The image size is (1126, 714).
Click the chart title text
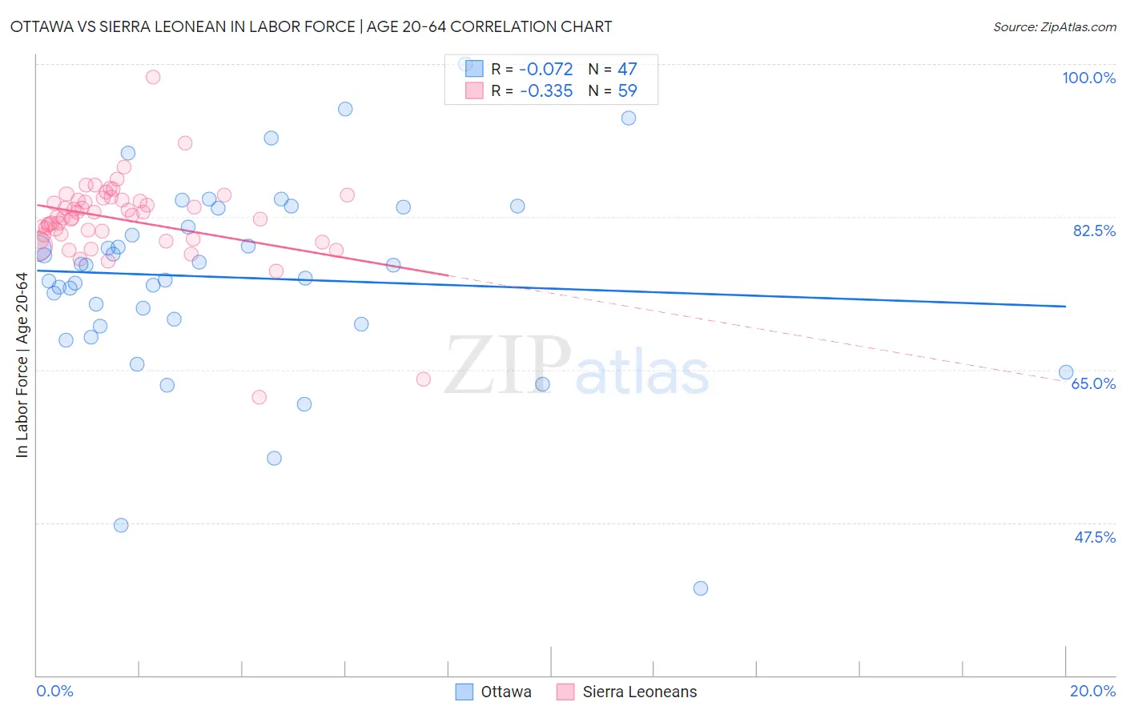pyautogui.click(x=311, y=26)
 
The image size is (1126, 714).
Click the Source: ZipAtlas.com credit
pyautogui.click(x=1054, y=26)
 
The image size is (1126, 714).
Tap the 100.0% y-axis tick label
pyautogui.click(x=1088, y=78)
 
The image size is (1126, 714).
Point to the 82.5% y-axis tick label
pyautogui.click(x=1094, y=231)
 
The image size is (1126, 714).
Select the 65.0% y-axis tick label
pyautogui.click(x=1093, y=383)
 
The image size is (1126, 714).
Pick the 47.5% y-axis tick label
pyautogui.click(x=1094, y=537)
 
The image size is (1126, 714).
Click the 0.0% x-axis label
pyautogui.click(x=54, y=691)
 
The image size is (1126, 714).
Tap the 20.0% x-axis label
pyautogui.click(x=1092, y=691)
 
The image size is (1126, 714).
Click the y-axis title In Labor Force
pyautogui.click(x=22, y=365)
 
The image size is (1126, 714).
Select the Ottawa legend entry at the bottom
pyautogui.click(x=494, y=692)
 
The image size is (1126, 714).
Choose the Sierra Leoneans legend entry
pyautogui.click(x=628, y=692)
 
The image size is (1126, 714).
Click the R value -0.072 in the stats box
pyautogui.click(x=546, y=70)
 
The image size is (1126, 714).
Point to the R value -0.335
pyautogui.click(x=546, y=91)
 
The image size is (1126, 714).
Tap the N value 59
pyautogui.click(x=627, y=91)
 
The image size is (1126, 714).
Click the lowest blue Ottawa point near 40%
pyautogui.click(x=701, y=588)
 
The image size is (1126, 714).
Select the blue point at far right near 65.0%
pyautogui.click(x=1066, y=372)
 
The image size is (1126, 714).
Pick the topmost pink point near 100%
pyautogui.click(x=153, y=77)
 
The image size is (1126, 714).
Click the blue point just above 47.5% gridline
pyautogui.click(x=121, y=525)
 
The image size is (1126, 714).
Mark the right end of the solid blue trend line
pyautogui.click(x=1066, y=307)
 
